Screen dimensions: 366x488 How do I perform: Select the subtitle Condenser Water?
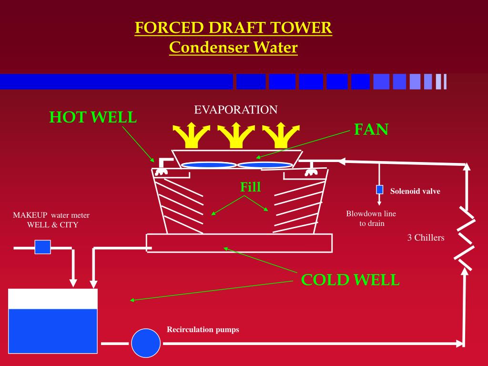click(233, 47)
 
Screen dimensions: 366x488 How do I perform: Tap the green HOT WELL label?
click(93, 117)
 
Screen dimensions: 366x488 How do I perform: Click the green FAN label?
click(371, 129)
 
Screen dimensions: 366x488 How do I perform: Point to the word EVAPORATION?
click(235, 110)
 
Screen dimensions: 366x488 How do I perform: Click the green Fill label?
click(250, 187)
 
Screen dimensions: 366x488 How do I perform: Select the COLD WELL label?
click(350, 280)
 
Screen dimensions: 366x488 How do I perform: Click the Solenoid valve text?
click(415, 192)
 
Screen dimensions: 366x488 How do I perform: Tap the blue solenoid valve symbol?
click(380, 190)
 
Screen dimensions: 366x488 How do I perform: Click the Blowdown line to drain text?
click(371, 218)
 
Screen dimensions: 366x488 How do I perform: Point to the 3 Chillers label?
click(426, 237)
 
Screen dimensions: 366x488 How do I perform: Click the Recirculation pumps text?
click(203, 330)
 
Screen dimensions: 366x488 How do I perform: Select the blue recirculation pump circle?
click(146, 343)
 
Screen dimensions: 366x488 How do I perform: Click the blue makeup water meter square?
click(42, 247)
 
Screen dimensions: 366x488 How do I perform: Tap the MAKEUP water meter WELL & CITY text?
click(51, 220)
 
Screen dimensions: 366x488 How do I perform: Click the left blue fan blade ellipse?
click(208, 165)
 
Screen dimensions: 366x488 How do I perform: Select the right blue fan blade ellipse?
click(265, 165)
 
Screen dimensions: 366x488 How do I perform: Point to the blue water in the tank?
click(53, 331)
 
